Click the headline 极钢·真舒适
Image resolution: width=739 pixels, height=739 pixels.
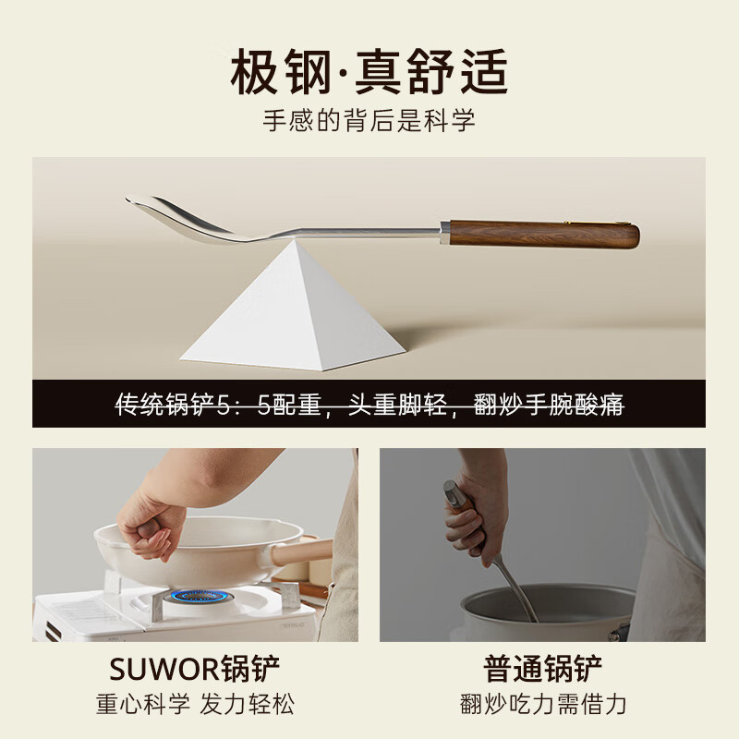369,71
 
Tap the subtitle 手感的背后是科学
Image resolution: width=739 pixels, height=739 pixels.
369,120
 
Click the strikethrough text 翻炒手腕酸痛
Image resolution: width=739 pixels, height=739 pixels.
549,404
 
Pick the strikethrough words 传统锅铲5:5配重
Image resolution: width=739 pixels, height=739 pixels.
222,404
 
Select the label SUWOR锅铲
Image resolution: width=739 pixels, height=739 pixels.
195,667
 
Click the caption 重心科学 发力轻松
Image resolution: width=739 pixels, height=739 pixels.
195,705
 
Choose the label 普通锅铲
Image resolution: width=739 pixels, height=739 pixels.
543,667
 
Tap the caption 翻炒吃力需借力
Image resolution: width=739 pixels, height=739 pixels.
543,705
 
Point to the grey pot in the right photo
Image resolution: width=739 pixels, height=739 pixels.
545,614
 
